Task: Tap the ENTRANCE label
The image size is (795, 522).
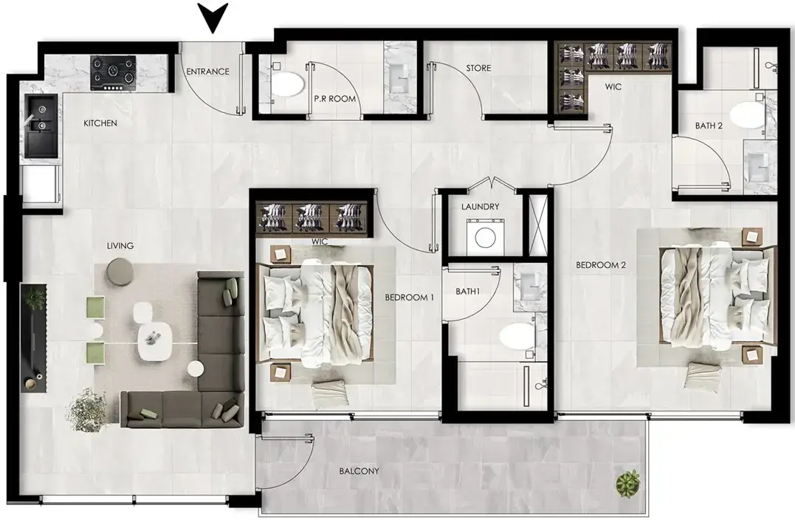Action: coord(208,72)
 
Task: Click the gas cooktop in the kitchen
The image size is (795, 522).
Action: coord(114,73)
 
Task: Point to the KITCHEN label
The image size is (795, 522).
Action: coord(100,123)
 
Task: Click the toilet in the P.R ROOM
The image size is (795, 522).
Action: coord(286,85)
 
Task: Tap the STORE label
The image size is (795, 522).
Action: coord(478,68)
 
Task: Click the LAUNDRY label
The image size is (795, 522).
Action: coord(480,207)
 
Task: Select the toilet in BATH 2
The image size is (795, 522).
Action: coord(746,115)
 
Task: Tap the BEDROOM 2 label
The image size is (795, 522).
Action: coord(601,265)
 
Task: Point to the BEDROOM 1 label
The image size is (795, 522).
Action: coord(409,298)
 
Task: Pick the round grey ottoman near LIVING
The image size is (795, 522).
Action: coord(120,269)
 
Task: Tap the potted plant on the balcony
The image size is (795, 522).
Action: coord(628,484)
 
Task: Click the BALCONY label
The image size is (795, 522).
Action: coord(359,471)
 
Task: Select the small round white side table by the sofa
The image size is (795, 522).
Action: coord(195,369)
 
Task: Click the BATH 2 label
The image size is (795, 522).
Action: coord(709,126)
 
